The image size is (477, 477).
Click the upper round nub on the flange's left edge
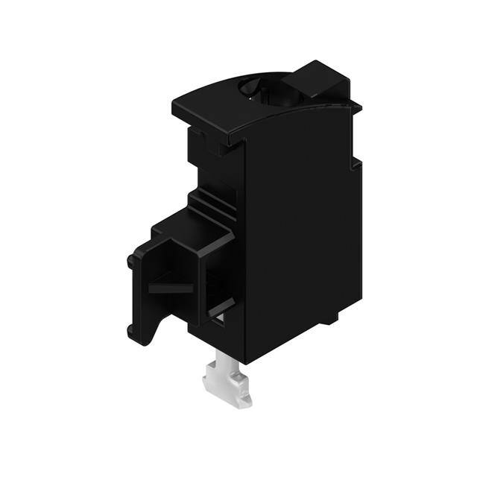click(132, 262)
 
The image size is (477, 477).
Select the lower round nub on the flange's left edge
click(132, 329)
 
